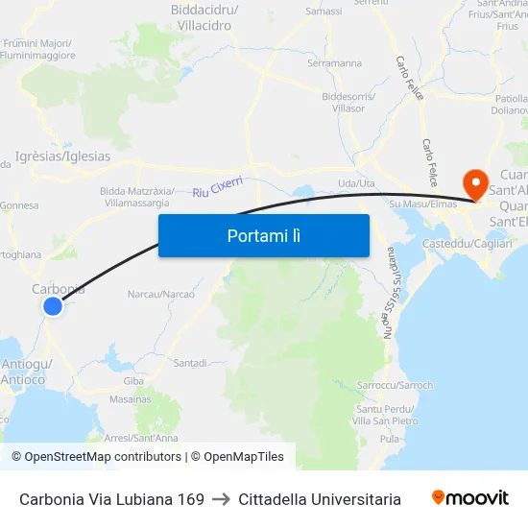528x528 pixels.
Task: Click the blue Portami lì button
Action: click(x=264, y=235)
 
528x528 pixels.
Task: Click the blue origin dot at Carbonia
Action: click(x=52, y=306)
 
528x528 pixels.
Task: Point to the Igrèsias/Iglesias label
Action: click(x=63, y=156)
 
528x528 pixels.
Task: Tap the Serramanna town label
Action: click(x=334, y=63)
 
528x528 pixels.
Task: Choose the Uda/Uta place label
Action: click(x=356, y=183)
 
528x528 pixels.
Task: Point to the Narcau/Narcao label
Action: click(x=161, y=294)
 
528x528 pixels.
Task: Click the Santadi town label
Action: click(x=190, y=363)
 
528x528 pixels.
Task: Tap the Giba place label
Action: click(x=133, y=381)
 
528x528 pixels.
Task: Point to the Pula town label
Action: click(x=390, y=439)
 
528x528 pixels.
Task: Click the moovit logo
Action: click(x=470, y=497)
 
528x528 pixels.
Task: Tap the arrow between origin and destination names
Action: click(x=222, y=499)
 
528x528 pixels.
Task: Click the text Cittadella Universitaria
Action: click(x=320, y=499)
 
